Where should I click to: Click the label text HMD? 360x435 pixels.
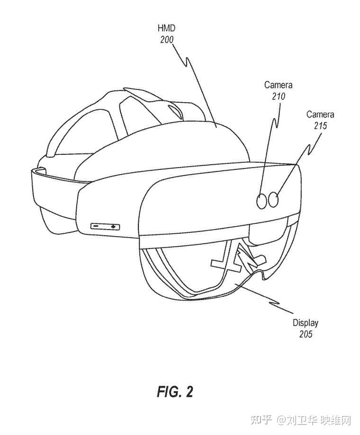point(167,29)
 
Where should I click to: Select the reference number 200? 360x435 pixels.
point(167,40)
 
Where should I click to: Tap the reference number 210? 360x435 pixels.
point(279,96)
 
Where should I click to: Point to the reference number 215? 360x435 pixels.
point(320,126)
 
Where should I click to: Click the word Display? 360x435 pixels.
point(305,323)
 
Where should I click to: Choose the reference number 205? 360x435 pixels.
point(305,334)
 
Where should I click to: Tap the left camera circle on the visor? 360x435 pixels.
point(262,201)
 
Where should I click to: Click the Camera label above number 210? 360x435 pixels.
point(279,85)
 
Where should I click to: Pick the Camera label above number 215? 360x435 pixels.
point(320,115)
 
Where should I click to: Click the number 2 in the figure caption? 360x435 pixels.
point(189,391)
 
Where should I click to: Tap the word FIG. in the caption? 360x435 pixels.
point(168,391)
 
